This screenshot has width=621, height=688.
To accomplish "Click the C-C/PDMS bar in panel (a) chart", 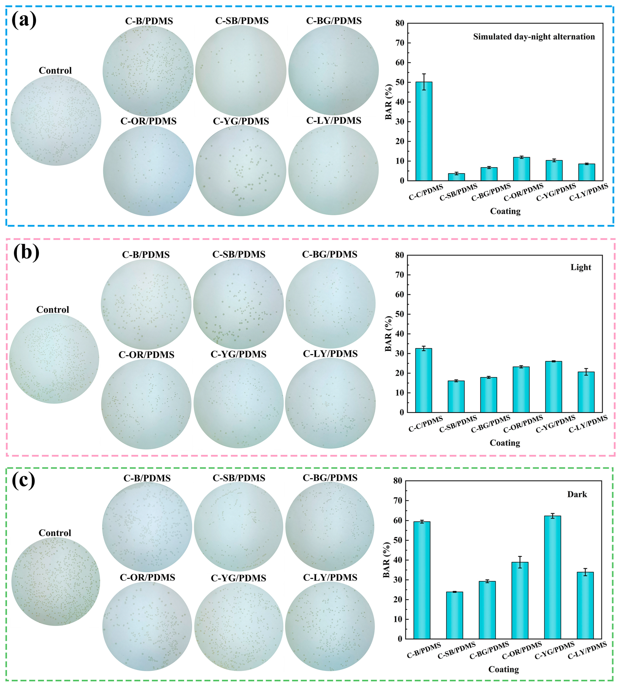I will [424, 131].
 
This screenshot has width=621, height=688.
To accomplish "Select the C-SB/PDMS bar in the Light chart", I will [456, 396].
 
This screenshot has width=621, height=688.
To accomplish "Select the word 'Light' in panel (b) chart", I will [581, 267].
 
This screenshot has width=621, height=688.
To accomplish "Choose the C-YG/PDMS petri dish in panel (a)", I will [241, 171].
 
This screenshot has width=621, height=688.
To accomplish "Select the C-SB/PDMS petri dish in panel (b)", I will [238, 304].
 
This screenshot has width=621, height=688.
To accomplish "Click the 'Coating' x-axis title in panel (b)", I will [505, 443].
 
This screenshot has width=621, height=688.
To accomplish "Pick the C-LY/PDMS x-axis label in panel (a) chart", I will [588, 192].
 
